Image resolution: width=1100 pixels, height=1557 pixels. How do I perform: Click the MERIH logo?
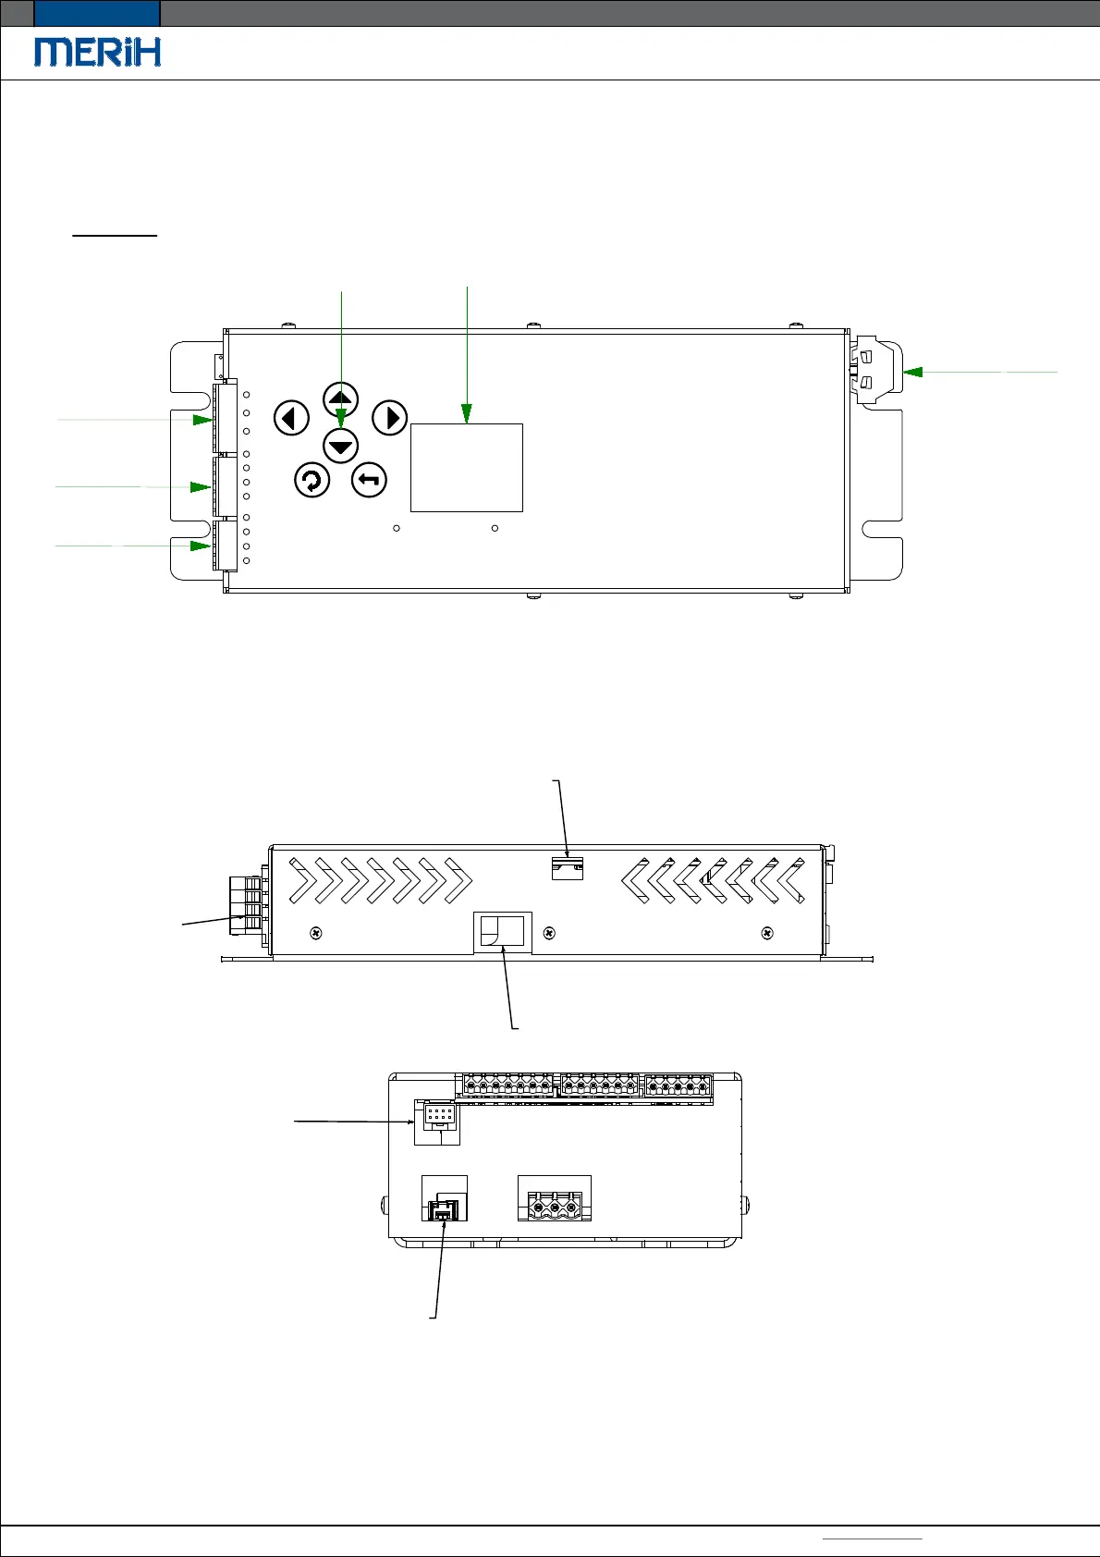(x=97, y=52)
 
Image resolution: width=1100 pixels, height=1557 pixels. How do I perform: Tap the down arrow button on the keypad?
(x=340, y=447)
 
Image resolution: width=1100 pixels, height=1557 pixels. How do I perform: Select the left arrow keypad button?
(x=291, y=419)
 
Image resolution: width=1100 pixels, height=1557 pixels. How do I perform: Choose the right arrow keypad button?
(x=390, y=419)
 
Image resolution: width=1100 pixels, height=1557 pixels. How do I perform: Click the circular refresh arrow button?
(x=312, y=480)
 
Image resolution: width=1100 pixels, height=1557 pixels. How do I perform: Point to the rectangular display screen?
(x=466, y=468)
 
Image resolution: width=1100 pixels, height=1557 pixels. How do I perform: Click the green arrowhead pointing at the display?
(x=466, y=413)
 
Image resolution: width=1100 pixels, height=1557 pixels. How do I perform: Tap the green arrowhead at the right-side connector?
(x=912, y=372)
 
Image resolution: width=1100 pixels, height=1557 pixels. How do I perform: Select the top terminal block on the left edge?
(x=226, y=416)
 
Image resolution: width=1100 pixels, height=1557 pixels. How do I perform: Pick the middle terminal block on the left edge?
(x=226, y=486)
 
